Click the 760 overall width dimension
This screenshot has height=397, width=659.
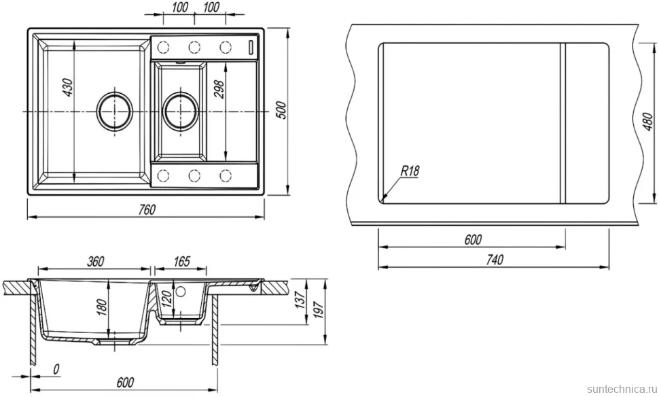[x=147, y=209]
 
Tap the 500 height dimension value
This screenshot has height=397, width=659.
[x=281, y=110]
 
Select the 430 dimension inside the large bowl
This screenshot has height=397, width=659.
[x=67, y=87]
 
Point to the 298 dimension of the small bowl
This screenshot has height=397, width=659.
[x=219, y=89]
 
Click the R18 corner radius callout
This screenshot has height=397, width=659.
[x=410, y=171]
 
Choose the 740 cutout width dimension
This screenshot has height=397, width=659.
[x=495, y=260]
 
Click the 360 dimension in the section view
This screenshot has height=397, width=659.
[x=95, y=261]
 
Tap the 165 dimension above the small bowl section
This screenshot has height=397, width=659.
[x=181, y=261]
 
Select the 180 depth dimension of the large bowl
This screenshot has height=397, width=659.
[x=102, y=307]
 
